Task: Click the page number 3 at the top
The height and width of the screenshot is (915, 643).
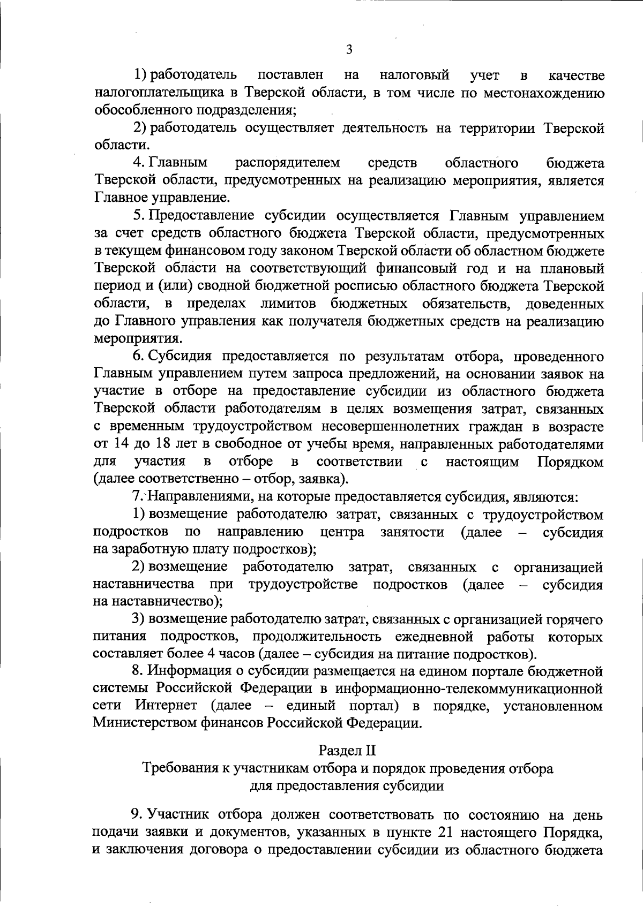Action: [x=349, y=50]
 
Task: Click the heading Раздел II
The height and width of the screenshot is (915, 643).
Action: [x=347, y=750]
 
